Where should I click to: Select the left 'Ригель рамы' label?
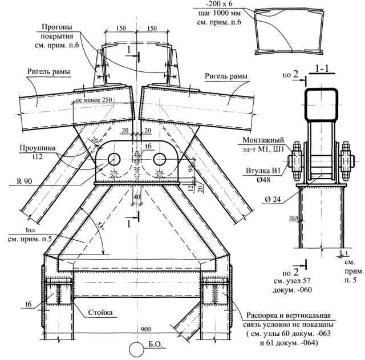[x=48, y=71]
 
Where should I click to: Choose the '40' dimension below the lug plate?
[x=137, y=197]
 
